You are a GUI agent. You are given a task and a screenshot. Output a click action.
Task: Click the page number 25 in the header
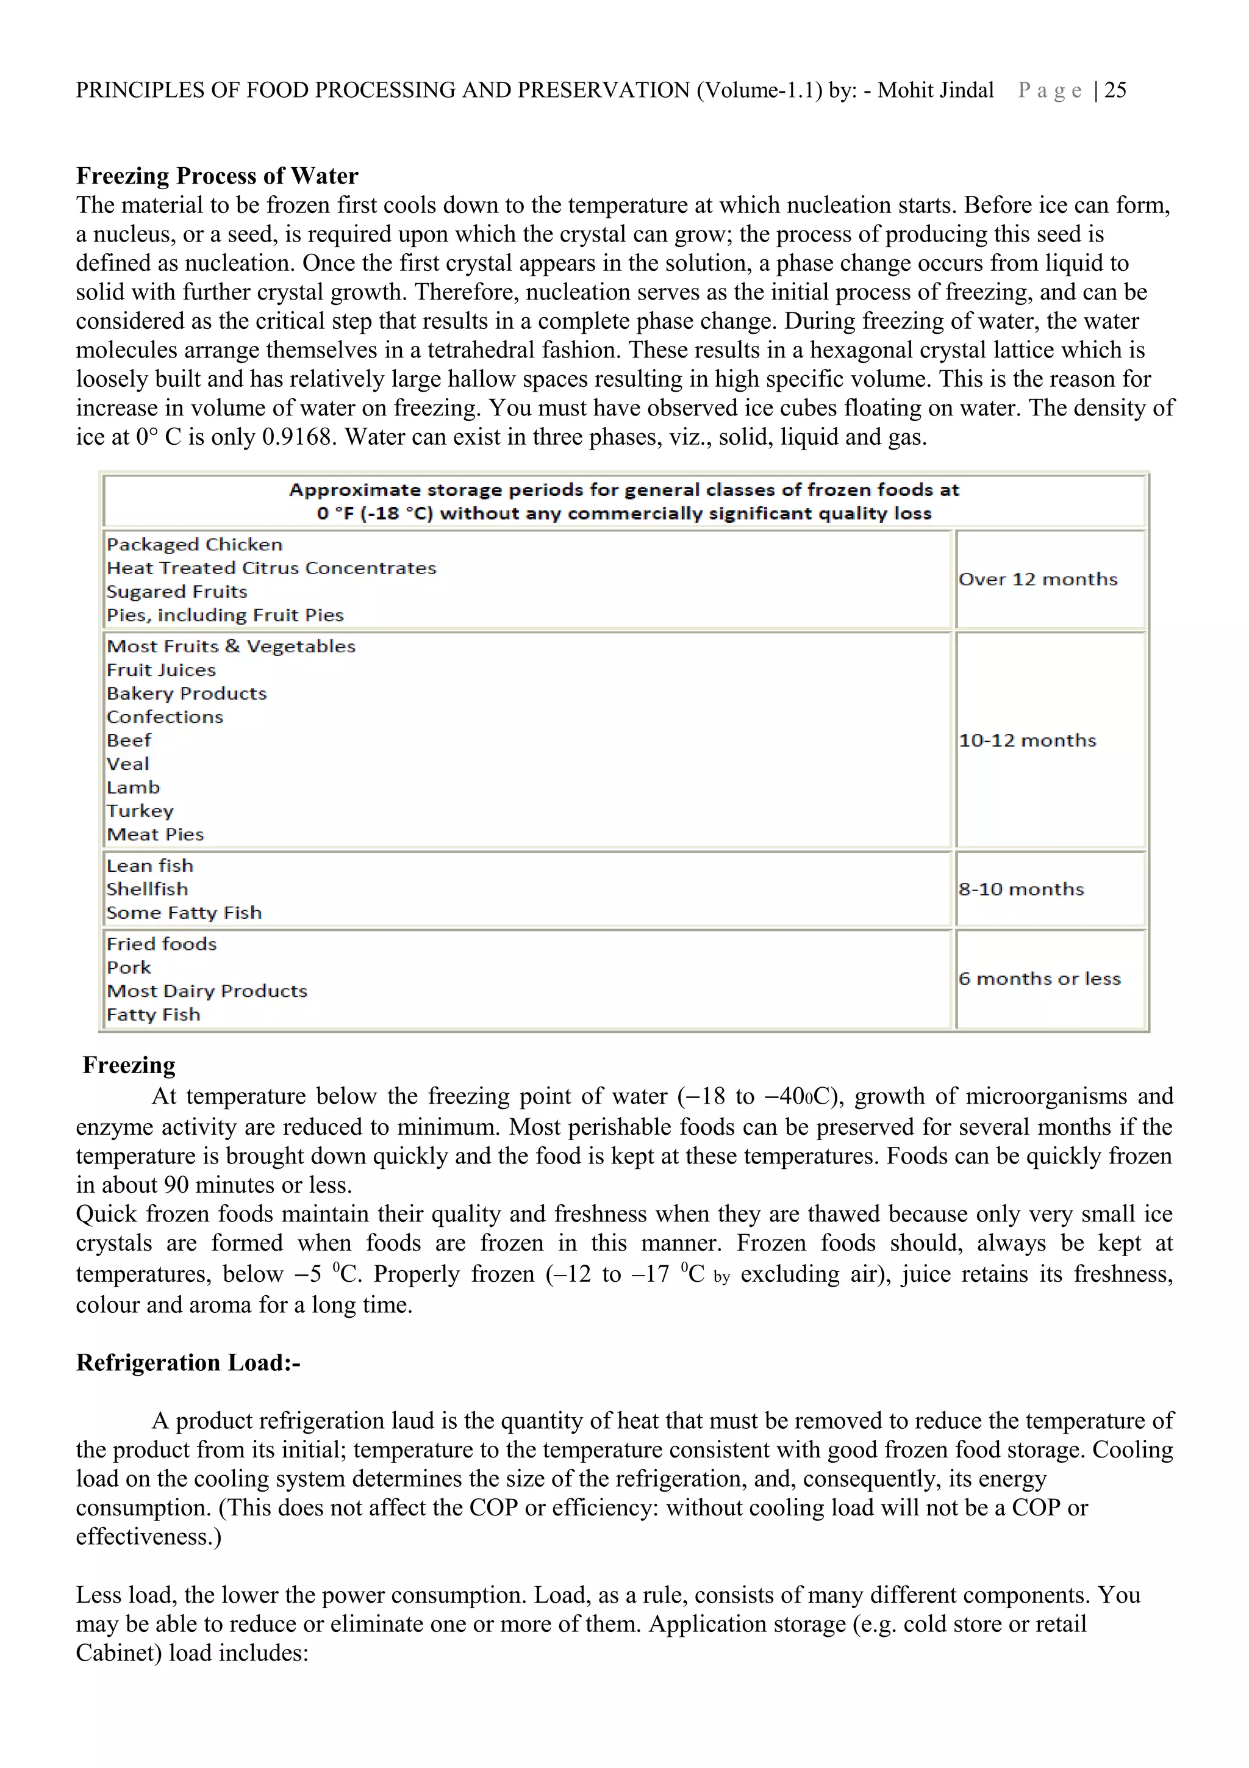click(x=1115, y=90)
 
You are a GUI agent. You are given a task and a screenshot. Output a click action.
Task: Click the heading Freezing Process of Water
click(x=217, y=176)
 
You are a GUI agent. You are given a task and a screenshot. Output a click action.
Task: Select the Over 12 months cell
click(x=1037, y=579)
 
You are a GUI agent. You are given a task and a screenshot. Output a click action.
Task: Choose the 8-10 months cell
click(x=1020, y=889)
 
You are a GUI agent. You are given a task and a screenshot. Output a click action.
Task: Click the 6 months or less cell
click(x=1039, y=978)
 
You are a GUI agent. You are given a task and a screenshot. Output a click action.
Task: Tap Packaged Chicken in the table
click(x=195, y=544)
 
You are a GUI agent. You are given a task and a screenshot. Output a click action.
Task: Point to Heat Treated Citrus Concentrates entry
click(x=271, y=567)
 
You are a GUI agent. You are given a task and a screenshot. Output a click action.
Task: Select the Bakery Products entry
click(x=186, y=693)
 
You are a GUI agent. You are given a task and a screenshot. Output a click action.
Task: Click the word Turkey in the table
click(x=140, y=811)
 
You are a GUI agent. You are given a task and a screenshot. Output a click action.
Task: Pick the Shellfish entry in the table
click(x=147, y=889)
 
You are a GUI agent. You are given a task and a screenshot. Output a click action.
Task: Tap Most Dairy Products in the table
click(x=207, y=990)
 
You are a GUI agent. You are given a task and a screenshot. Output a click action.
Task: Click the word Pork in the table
click(x=129, y=967)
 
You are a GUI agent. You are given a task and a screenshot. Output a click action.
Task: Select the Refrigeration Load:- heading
click(x=188, y=1362)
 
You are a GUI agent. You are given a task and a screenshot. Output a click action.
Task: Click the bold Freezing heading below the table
click(x=129, y=1065)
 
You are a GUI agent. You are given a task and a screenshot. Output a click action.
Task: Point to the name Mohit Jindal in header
click(x=935, y=90)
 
